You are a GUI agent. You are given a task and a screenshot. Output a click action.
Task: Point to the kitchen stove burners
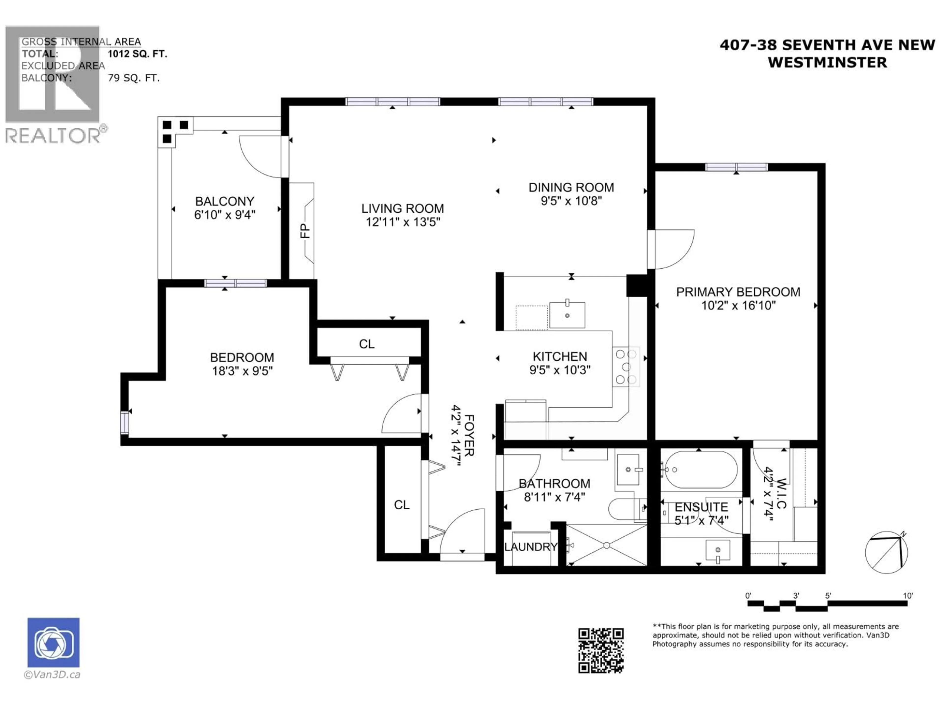pos(626,367)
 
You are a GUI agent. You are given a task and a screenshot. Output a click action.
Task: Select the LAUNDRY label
pos(530,547)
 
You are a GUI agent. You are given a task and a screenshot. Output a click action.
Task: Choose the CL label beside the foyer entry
pos(402,505)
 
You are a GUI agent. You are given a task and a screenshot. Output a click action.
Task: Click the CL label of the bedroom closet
pos(367,344)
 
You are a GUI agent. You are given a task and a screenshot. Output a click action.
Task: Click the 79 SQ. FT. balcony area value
pos(133,78)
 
